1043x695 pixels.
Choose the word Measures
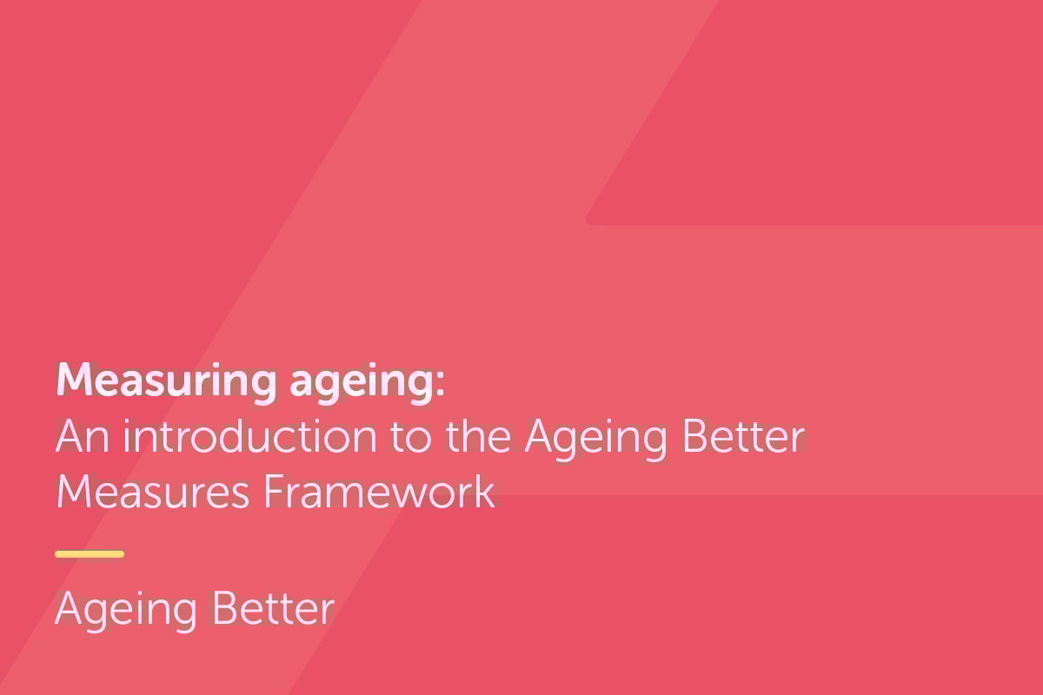click(x=153, y=492)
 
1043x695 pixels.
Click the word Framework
click(x=379, y=492)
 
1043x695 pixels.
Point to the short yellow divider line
click(x=90, y=553)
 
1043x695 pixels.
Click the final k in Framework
click(x=486, y=492)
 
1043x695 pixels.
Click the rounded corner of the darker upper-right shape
click(x=590, y=220)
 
